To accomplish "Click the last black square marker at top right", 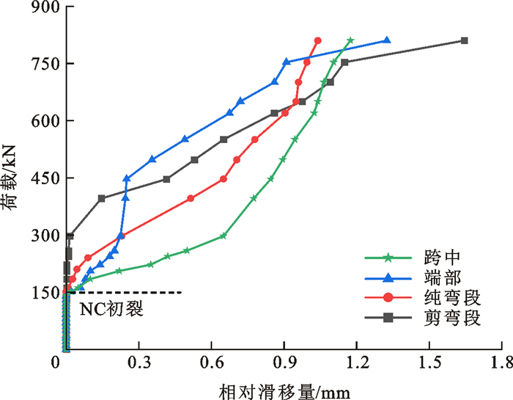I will (x=464, y=40).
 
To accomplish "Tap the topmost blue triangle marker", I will (x=387, y=40).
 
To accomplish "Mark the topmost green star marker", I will (x=350, y=40).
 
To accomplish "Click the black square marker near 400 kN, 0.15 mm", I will (x=101, y=198).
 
